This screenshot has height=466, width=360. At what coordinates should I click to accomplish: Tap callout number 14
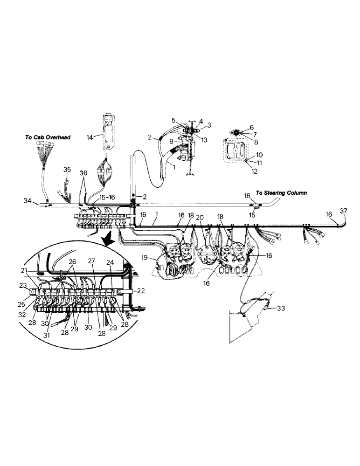(90, 137)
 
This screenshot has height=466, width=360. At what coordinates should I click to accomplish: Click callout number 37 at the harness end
(343, 211)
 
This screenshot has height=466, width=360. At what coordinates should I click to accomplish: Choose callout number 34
(28, 200)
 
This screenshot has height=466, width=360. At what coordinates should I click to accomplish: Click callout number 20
(200, 217)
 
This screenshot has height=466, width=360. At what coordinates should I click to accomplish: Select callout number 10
(260, 154)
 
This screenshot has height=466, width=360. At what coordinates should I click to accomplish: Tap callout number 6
(252, 127)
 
